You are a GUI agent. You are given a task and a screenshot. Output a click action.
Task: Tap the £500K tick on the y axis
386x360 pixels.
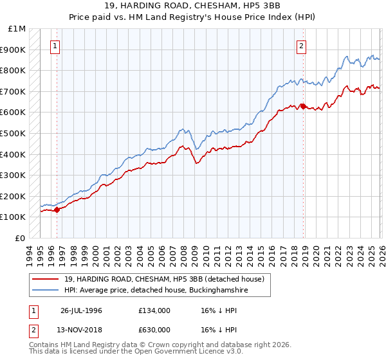click(13, 133)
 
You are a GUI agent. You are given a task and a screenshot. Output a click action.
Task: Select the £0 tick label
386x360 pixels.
click(20, 238)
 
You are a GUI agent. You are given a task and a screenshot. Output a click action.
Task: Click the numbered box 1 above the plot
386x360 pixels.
click(56, 46)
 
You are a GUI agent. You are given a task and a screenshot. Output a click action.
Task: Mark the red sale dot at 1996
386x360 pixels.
click(57, 210)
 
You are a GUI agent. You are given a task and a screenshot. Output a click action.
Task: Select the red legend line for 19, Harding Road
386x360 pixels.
click(45, 279)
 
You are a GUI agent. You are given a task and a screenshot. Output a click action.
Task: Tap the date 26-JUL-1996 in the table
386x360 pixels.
click(81, 310)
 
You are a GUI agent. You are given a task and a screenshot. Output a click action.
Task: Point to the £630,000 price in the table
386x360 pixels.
click(154, 330)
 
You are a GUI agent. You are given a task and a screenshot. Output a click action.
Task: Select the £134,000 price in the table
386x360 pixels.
click(154, 310)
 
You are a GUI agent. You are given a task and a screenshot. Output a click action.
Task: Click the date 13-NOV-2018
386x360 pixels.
click(81, 330)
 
